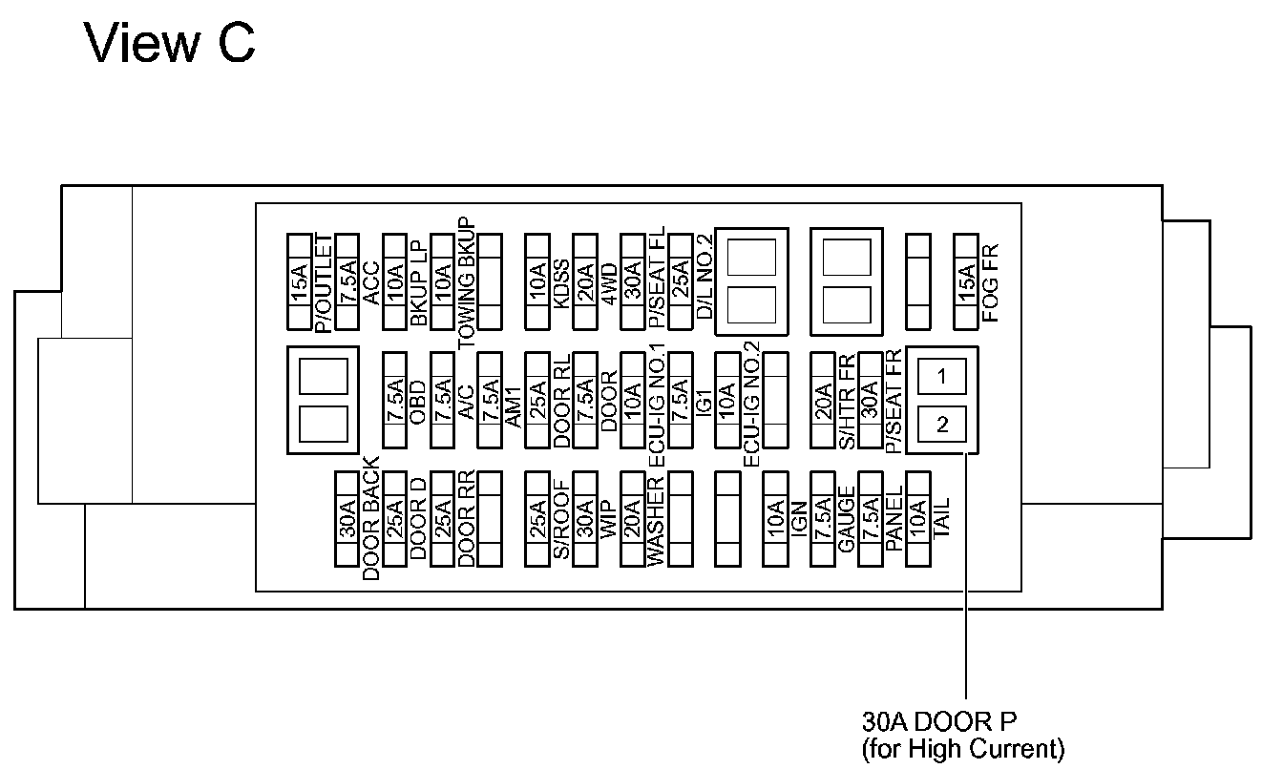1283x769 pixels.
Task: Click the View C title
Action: tap(170, 43)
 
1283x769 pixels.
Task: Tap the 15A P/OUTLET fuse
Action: tap(299, 281)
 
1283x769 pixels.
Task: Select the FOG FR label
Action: tap(990, 282)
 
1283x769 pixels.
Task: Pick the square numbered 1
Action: tap(941, 376)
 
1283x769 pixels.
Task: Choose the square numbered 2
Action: tap(941, 425)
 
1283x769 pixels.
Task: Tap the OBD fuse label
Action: tap(418, 402)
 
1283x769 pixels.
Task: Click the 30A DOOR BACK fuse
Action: tap(347, 519)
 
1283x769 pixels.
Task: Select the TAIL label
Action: tap(941, 518)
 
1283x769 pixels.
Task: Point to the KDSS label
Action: tap(561, 284)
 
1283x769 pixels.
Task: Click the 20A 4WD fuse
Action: tap(585, 281)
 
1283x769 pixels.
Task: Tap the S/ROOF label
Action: tap(561, 519)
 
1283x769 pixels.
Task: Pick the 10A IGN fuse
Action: tap(775, 519)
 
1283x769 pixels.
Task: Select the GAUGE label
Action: tap(847, 519)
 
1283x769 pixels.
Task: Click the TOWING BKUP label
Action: tap(467, 282)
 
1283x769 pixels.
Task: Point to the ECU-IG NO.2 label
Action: tap(751, 404)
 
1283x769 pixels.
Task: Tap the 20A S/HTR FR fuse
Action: tap(823, 400)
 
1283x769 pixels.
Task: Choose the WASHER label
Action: tap(655, 522)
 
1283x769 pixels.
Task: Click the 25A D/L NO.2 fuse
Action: tap(681, 281)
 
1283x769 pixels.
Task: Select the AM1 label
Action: tap(514, 407)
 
